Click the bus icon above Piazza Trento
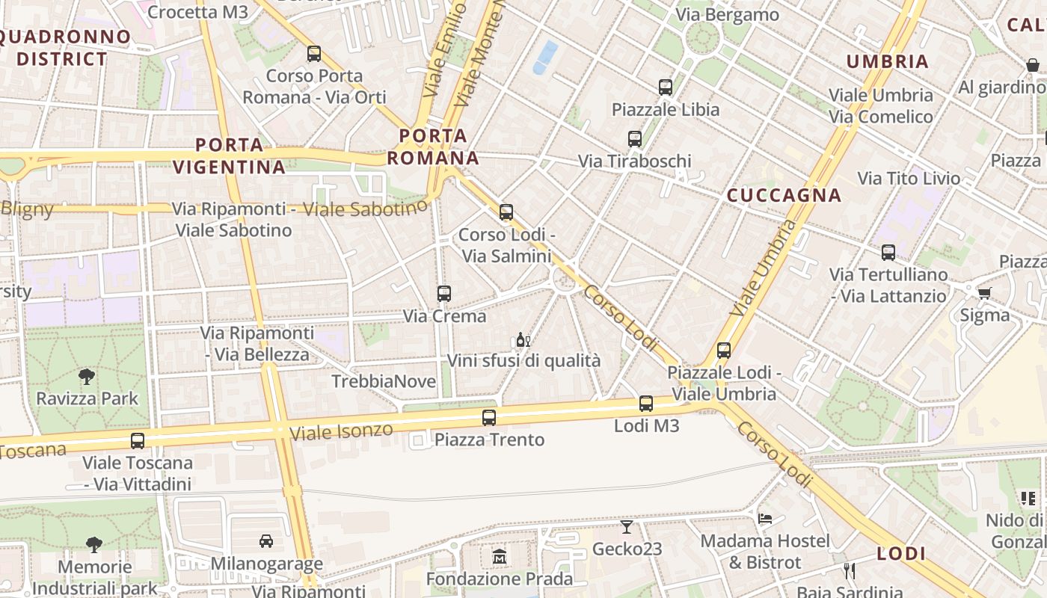489,418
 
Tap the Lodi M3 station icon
646,404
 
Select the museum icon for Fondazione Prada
499,557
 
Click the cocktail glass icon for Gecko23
627,527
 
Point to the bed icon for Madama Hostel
764,518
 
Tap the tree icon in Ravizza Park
87,377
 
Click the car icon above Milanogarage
266,540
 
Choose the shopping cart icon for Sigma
984,293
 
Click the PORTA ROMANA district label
433,147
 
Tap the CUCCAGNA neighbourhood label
785,196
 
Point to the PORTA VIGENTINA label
230,155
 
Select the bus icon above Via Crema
444,294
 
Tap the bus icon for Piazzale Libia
666,87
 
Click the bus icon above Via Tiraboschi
635,139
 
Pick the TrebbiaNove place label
384,381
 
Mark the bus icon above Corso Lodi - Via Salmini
506,212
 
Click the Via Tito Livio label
909,179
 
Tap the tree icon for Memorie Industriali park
93,544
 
